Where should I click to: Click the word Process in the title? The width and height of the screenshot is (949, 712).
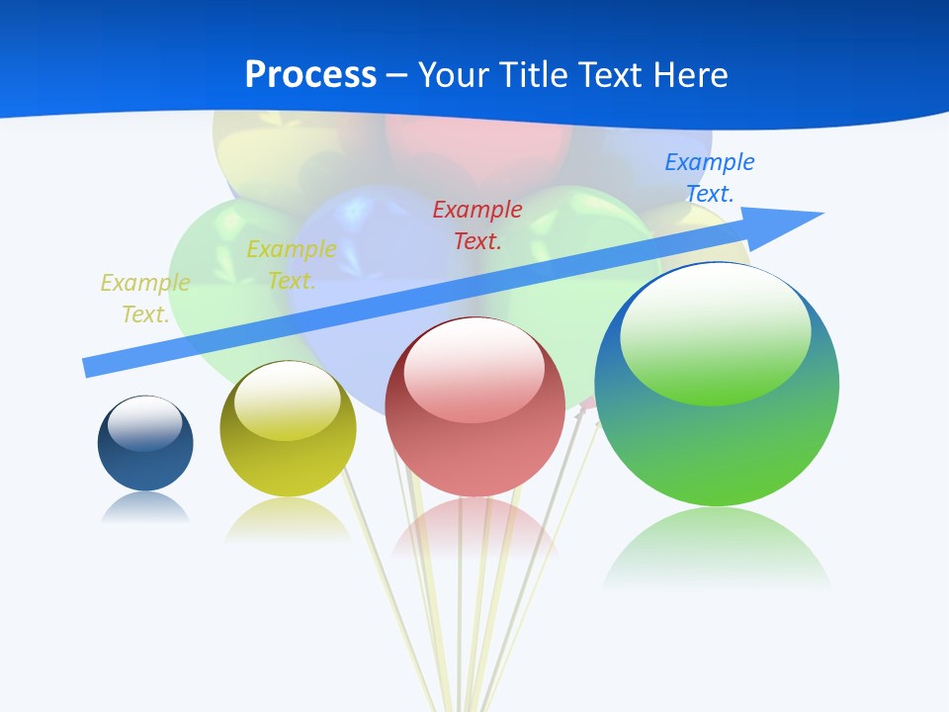pyautogui.click(x=310, y=75)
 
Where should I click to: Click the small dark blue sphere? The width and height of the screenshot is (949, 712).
pyautogui.click(x=145, y=460)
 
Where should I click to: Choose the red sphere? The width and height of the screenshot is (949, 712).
pyautogui.click(x=475, y=445)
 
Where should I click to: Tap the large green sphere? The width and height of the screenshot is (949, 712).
pyautogui.click(x=717, y=445)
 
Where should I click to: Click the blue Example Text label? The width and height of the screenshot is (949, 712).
pyautogui.click(x=709, y=178)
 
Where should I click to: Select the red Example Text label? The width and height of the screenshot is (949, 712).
pyautogui.click(x=477, y=224)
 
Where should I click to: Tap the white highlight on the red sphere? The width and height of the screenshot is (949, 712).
pyautogui.click(x=474, y=370)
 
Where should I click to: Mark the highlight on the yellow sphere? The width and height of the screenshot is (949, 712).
pyautogui.click(x=288, y=400)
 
